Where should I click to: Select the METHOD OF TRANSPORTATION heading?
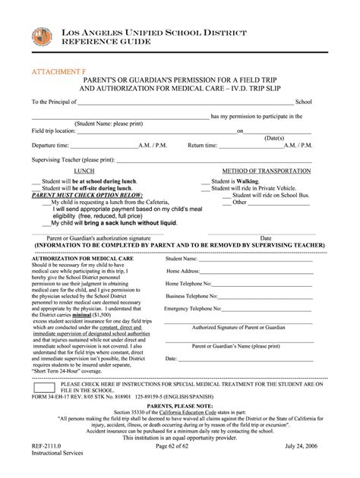point(265,171)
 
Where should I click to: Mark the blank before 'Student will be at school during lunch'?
point(35,181)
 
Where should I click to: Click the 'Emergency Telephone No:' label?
point(196,310)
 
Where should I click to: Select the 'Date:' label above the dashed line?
point(171,358)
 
